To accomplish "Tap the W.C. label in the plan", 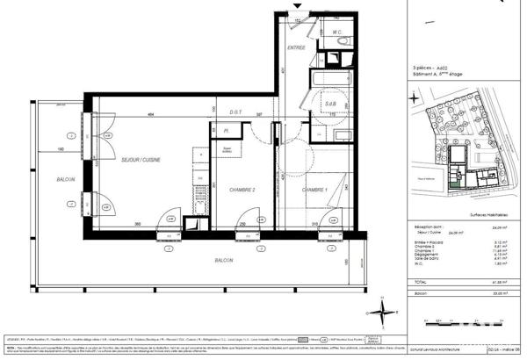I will point(336,32).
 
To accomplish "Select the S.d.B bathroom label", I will point(330,104).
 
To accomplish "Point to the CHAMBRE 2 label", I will point(242,190).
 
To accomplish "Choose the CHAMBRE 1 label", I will point(314,190).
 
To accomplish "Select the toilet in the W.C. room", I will point(343,42).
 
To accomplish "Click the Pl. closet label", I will point(226,132).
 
